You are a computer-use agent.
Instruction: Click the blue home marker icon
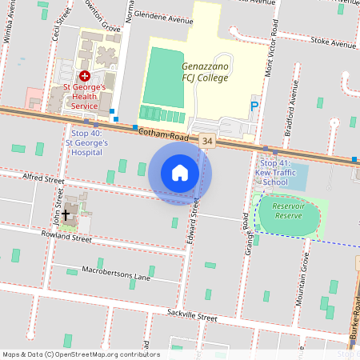[x=180, y=173]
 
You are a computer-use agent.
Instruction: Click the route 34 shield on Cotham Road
[x=208, y=140]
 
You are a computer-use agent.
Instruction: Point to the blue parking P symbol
[x=255, y=106]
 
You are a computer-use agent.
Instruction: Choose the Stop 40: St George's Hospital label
[x=90, y=142]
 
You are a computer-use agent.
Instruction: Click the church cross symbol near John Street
[x=66, y=213]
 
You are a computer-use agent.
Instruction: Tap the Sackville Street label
[x=192, y=317]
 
